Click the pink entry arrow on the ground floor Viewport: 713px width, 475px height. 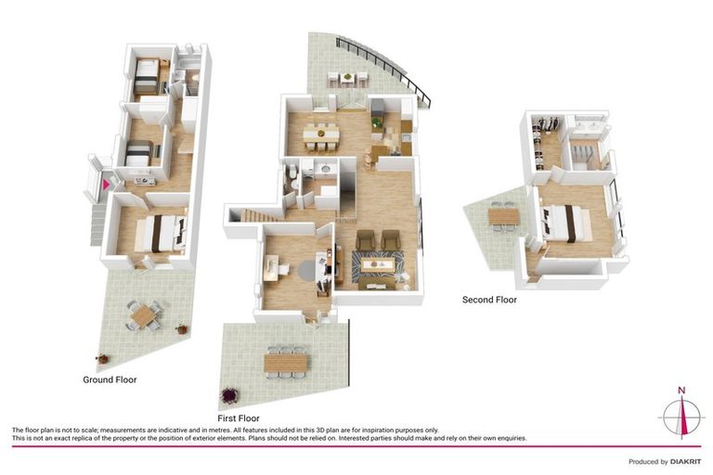tap(106, 185)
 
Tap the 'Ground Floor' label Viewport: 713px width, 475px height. tap(110, 379)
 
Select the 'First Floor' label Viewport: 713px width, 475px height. tap(239, 418)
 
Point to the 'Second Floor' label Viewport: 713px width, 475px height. tap(489, 300)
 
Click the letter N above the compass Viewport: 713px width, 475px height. tap(681, 390)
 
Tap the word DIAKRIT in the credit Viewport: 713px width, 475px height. tap(685, 462)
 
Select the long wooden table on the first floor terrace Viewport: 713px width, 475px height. tap(286, 362)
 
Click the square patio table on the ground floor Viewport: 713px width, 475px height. tap(144, 315)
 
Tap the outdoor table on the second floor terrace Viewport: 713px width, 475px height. tap(504, 216)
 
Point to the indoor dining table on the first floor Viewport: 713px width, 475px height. tap(321, 135)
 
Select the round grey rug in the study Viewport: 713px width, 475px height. tap(309, 270)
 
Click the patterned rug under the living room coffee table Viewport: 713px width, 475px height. tap(377, 264)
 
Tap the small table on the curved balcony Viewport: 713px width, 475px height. tap(347, 77)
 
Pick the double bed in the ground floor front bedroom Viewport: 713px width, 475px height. tap(162, 233)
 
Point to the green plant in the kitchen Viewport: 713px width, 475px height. tap(376, 122)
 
